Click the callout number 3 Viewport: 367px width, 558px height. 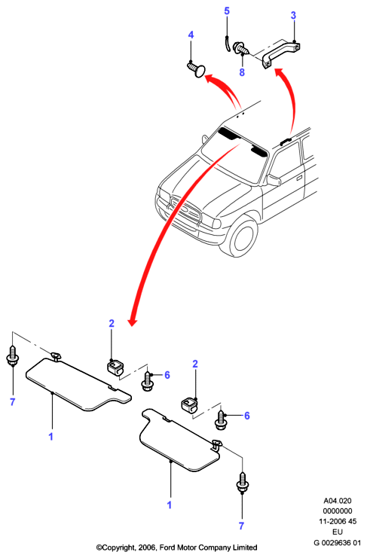293,15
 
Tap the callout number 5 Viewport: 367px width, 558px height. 227,11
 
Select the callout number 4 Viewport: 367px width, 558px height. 191,35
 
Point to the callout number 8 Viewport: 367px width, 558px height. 242,72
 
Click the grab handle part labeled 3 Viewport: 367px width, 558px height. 281,55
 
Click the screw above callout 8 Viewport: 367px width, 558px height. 240,48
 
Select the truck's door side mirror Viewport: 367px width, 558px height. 274,180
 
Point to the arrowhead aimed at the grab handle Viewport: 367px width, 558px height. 279,72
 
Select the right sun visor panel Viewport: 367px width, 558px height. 180,441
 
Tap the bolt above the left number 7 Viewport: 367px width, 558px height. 13,356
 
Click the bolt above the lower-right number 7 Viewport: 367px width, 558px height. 243,483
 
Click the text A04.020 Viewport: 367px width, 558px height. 338,501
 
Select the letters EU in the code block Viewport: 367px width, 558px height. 337,532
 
